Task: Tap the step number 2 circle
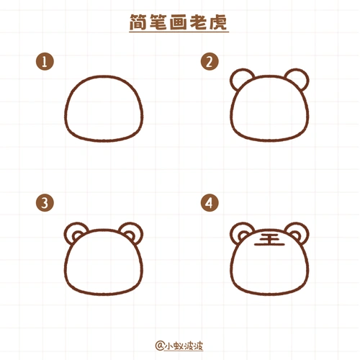coord(209,63)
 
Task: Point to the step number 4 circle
coord(209,204)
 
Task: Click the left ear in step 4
coord(242,232)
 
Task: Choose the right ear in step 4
coord(295,232)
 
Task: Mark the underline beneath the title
coord(179,32)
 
